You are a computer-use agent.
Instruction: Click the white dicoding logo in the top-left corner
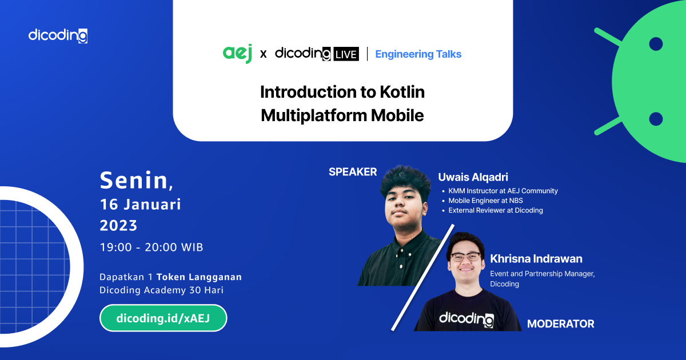tap(58, 35)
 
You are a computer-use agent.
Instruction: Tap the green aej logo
tap(237, 54)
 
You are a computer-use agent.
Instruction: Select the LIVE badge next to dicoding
tap(346, 54)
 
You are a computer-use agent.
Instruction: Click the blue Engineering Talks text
tap(418, 54)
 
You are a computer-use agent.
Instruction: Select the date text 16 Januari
tap(140, 204)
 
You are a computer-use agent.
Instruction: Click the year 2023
tap(119, 226)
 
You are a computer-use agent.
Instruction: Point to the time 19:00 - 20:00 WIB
tap(151, 247)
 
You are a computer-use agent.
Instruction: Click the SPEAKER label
tap(353, 171)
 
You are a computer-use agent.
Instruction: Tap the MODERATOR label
tap(560, 324)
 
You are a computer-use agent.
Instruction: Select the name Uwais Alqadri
tap(472, 177)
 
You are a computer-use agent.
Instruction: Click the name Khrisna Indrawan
tap(536, 259)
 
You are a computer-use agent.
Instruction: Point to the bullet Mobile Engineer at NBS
tap(485, 201)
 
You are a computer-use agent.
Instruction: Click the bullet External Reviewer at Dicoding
tap(495, 210)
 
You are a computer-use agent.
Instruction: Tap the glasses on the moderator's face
tap(465, 257)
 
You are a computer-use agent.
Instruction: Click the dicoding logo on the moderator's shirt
tap(466, 319)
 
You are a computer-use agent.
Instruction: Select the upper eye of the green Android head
tap(656, 44)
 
